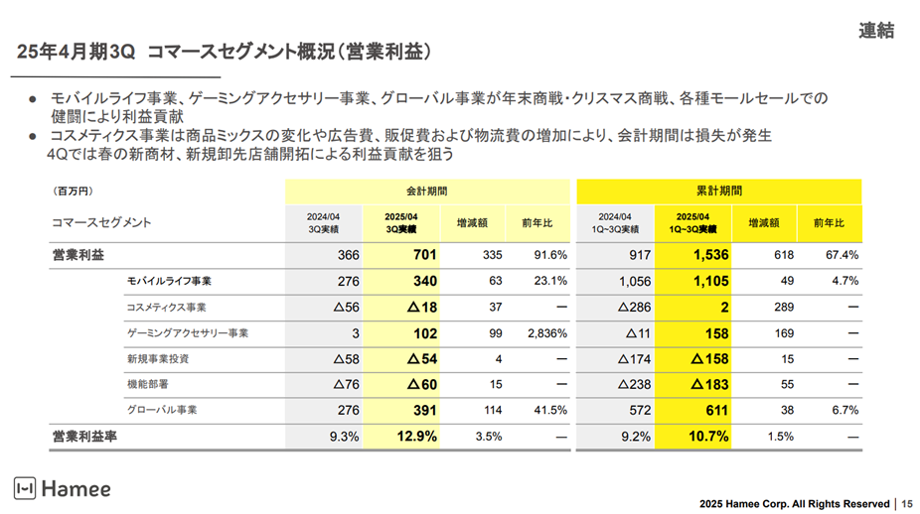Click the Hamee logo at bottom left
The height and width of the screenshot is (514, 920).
(x=62, y=488)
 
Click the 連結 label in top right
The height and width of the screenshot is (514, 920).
(x=875, y=31)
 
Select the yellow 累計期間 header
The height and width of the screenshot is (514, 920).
(x=718, y=191)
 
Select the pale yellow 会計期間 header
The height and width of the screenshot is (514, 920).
(x=425, y=191)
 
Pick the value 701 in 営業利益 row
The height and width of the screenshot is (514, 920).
(x=424, y=255)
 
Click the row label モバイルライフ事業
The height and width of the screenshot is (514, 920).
(x=168, y=281)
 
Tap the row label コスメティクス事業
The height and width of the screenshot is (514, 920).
(x=166, y=308)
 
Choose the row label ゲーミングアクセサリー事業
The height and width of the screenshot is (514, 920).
(x=187, y=333)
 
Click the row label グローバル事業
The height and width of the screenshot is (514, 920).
(x=161, y=410)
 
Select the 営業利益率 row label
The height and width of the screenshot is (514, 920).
(x=87, y=436)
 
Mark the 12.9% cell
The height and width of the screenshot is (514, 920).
(x=416, y=436)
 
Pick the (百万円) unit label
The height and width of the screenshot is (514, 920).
(x=72, y=191)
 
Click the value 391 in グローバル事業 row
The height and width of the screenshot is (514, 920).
(x=424, y=410)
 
